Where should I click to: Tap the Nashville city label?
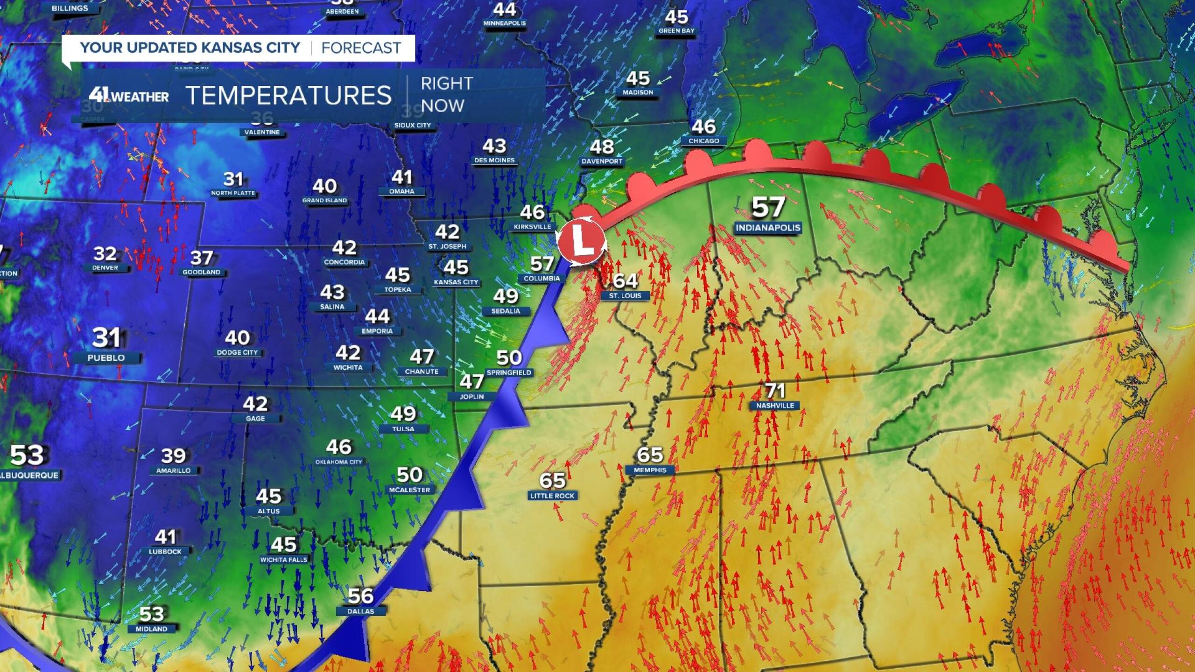[775, 406]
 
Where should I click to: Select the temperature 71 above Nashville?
[775, 390]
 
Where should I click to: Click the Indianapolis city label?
[768, 228]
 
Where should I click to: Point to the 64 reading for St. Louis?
[625, 280]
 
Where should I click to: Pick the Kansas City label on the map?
[456, 282]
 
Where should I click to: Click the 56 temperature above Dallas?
[360, 596]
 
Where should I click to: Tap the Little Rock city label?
[552, 496]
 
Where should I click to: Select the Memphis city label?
[650, 470]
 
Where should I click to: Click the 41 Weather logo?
[129, 96]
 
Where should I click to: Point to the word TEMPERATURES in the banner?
[288, 95]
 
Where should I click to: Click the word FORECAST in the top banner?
[361, 48]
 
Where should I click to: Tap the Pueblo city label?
[106, 358]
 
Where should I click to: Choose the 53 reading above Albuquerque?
[27, 455]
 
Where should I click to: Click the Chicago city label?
[703, 140]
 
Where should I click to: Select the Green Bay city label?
[676, 31]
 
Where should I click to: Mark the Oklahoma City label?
[338, 462]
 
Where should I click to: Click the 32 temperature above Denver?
[105, 253]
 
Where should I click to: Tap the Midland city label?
[151, 629]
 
